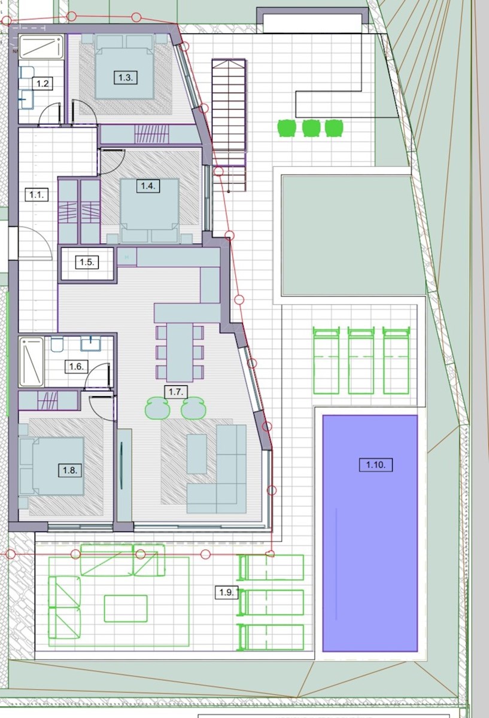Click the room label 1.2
coord(42,84)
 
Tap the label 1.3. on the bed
coord(126,78)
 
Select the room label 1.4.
coord(148,186)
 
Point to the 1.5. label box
coord(87,262)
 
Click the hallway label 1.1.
coord(37,194)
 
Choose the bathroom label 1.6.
coord(77,366)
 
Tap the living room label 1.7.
coord(176,392)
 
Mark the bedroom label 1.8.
coord(70,470)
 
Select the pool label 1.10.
coord(376,464)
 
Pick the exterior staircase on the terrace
coord(229,125)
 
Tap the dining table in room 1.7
coord(180,352)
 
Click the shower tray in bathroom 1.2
coord(41,47)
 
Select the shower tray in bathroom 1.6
coord(32,362)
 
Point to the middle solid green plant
coord(311,128)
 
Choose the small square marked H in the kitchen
coord(127,257)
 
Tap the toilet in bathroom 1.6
coord(57,343)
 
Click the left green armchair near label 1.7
coord(157,408)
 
